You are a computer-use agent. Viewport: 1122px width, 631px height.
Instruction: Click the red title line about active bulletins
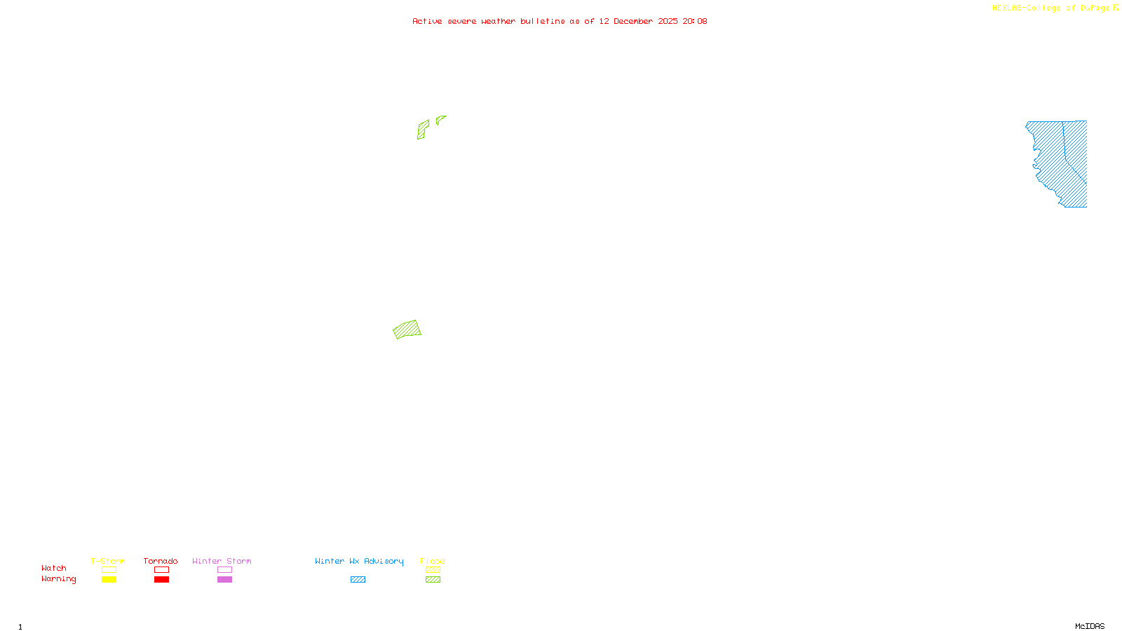559,22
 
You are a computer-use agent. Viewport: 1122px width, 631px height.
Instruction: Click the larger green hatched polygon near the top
423,130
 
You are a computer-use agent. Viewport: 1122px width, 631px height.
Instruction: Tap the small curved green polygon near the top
440,120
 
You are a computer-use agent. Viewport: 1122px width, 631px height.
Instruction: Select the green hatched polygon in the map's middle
407,330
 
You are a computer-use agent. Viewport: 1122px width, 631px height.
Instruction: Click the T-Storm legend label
108,561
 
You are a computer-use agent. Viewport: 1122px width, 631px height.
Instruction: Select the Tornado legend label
161,561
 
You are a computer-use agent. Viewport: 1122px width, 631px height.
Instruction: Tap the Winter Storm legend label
222,561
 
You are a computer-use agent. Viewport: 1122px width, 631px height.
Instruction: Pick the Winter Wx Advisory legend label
359,561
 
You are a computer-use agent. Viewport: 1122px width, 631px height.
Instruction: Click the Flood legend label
433,561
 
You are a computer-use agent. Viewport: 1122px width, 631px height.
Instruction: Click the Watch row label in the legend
54,568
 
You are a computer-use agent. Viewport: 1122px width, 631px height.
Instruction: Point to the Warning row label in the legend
58,579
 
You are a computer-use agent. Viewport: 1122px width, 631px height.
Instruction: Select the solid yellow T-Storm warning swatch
109,580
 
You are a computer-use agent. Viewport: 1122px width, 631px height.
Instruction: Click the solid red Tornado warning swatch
162,580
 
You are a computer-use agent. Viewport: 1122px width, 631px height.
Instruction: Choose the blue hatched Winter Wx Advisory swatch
358,580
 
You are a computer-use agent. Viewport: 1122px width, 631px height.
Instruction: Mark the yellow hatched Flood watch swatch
433,570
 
